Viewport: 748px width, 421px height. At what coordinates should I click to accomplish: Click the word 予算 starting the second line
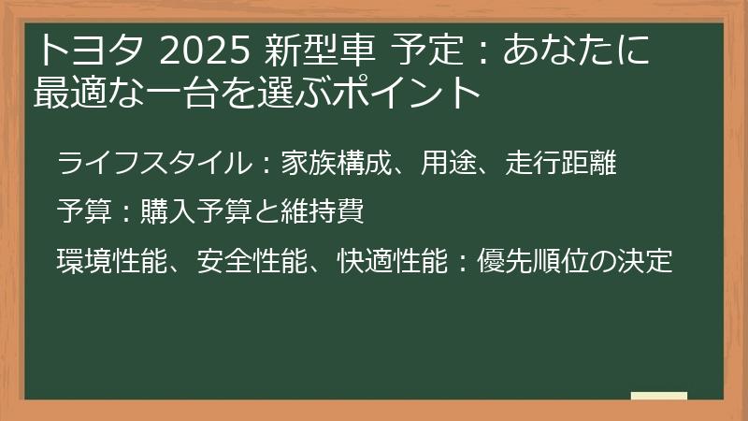(79, 212)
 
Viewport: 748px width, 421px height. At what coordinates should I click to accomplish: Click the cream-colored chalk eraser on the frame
(659, 396)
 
